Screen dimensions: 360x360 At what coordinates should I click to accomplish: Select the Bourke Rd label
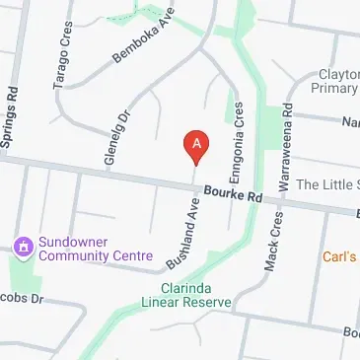point(232,196)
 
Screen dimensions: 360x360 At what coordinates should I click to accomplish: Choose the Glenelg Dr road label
point(111,137)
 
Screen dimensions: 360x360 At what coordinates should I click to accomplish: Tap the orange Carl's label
point(339,256)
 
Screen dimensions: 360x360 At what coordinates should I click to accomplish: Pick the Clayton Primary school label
point(338,82)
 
